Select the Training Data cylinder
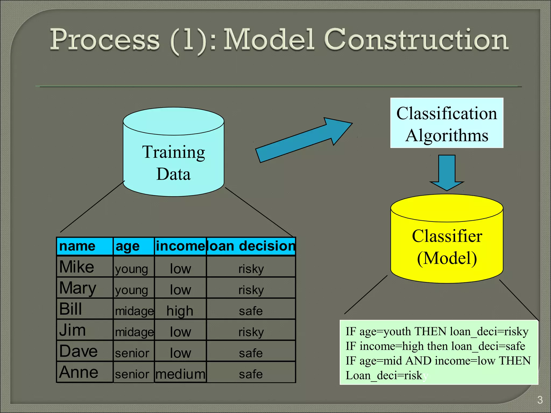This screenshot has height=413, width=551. tap(174, 161)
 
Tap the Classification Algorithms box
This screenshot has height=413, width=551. tap(447, 123)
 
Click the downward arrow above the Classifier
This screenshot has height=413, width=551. tap(447, 172)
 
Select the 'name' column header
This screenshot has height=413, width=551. tap(84, 246)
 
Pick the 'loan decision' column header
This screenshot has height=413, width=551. tap(251, 246)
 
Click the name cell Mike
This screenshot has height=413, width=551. tap(77, 267)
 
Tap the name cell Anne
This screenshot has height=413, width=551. tap(79, 372)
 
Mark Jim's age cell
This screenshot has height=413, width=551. tap(134, 332)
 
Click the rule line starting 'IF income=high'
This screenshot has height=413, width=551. tap(435, 346)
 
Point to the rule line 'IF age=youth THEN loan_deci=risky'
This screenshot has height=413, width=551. tap(437, 331)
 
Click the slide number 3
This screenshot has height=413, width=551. tap(540, 400)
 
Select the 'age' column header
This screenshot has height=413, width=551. tap(133, 246)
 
